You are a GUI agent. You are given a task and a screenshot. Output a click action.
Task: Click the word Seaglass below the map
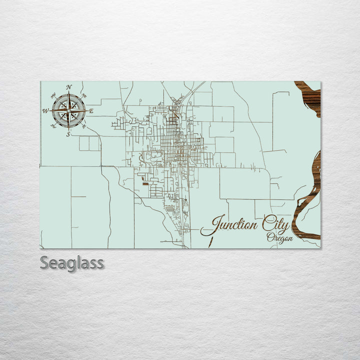[x=72, y=262]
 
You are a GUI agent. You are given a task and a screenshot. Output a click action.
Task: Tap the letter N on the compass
[x=69, y=87]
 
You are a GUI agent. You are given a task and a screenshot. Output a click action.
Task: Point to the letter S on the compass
[x=69, y=133]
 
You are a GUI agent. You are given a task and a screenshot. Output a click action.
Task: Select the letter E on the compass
[x=91, y=111]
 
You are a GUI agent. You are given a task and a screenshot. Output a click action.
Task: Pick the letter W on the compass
[x=45, y=111]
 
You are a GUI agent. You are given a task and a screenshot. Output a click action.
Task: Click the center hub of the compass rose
[x=69, y=110]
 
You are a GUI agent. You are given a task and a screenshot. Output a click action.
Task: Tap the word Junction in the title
[x=233, y=225]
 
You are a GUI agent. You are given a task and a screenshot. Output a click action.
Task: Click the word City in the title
[x=275, y=226]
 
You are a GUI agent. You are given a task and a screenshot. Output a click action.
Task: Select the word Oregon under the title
[x=279, y=238]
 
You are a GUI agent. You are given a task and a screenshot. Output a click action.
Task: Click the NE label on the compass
[x=84, y=95]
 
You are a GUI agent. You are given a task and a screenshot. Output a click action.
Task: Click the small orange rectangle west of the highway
[x=145, y=184]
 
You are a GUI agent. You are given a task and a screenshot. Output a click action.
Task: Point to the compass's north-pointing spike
[x=69, y=98]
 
